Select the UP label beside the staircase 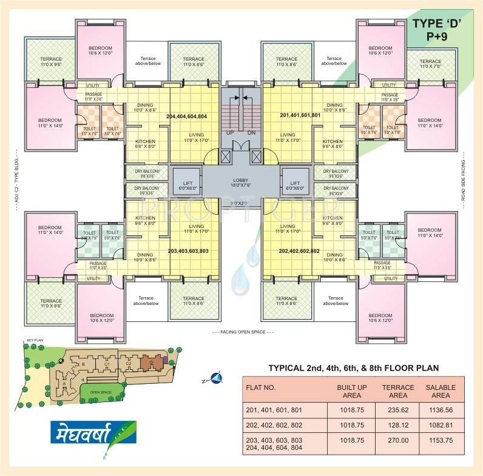click(229, 132)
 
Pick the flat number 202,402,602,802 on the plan click(299, 250)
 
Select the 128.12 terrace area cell click(398, 426)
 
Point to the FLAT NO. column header click(261, 387)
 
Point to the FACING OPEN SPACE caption click(242, 333)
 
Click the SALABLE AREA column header click(441, 391)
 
